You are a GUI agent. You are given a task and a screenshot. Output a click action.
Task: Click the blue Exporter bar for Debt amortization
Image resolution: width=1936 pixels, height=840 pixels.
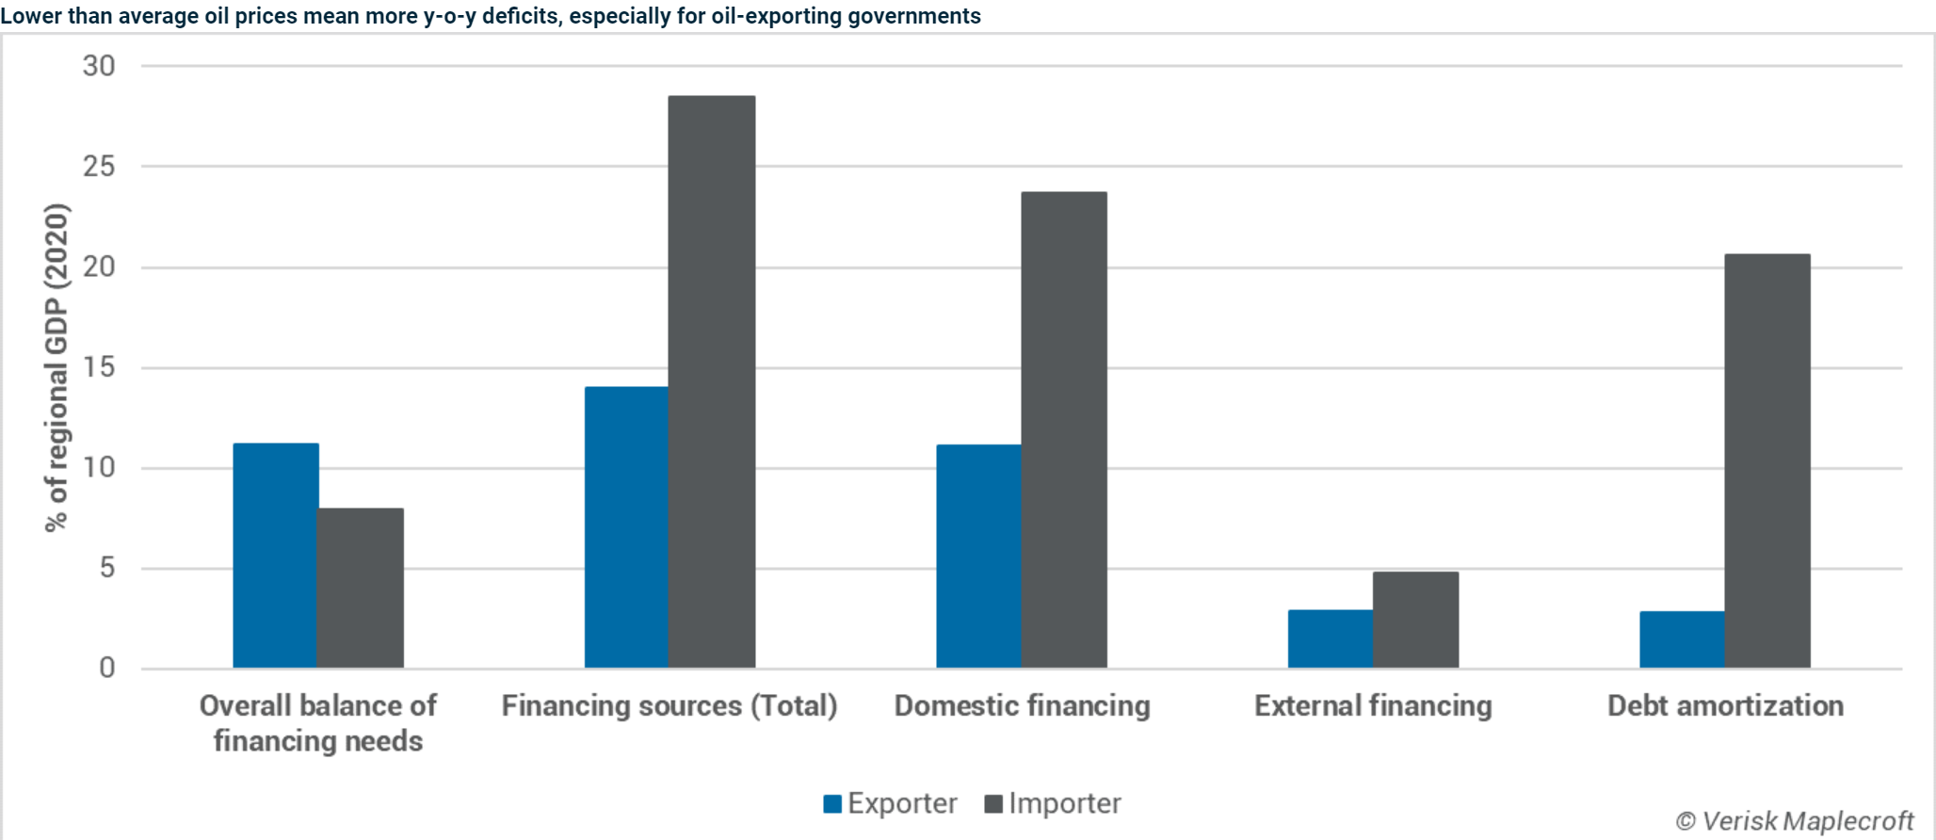[x=1682, y=640]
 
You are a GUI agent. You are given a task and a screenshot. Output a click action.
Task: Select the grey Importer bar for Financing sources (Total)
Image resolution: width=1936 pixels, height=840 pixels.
[x=712, y=381]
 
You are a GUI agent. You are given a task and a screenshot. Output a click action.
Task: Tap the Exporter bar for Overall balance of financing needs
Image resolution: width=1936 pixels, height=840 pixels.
[x=275, y=556]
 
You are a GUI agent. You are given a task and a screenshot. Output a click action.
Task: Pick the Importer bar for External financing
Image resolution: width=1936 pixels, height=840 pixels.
[x=1415, y=620]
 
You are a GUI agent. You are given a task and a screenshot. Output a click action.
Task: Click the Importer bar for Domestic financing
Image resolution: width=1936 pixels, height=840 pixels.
[x=1064, y=429]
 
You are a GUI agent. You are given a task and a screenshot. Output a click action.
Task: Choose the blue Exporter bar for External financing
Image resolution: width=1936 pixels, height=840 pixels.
[x=1330, y=639]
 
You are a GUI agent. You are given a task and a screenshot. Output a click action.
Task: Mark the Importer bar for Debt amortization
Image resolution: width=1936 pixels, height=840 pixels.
[x=1767, y=460]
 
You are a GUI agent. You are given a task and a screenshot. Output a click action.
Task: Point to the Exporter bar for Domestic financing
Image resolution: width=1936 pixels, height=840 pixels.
[x=978, y=557]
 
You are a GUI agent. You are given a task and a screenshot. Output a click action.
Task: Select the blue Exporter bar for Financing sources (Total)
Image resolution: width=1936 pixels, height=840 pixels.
[x=626, y=527]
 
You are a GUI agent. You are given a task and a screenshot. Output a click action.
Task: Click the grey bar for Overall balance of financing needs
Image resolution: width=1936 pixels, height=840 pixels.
[x=361, y=588]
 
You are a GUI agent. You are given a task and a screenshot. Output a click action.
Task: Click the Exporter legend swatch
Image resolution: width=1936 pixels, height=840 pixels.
[x=832, y=804]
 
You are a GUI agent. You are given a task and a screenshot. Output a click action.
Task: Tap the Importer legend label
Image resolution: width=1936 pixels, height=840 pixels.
[x=1065, y=803]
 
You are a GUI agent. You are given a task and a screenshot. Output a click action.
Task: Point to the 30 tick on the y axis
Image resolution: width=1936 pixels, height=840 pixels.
[x=99, y=66]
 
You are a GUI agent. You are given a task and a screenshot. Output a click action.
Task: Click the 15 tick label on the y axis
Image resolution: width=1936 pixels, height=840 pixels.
[x=99, y=367]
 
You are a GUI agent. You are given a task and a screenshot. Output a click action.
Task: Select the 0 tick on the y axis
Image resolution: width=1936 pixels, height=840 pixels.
[x=106, y=669]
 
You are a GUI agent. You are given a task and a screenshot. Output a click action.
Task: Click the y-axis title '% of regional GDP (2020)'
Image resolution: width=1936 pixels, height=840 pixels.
[x=56, y=367]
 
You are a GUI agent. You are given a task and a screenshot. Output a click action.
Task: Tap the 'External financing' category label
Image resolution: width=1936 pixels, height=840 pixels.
[x=1373, y=705]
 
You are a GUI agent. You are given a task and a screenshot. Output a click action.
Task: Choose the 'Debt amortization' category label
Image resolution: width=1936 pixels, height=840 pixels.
[x=1725, y=705]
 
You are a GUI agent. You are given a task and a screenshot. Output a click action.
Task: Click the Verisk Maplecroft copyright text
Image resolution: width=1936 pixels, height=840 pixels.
[x=1795, y=821]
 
